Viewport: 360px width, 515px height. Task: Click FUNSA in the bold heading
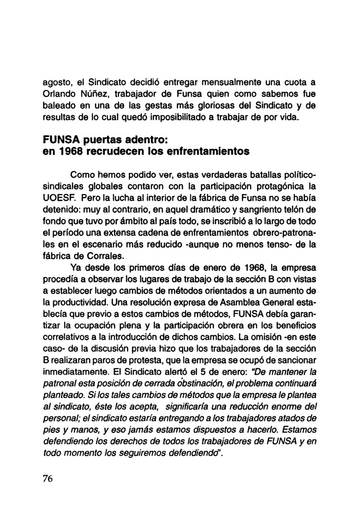[59, 142]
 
